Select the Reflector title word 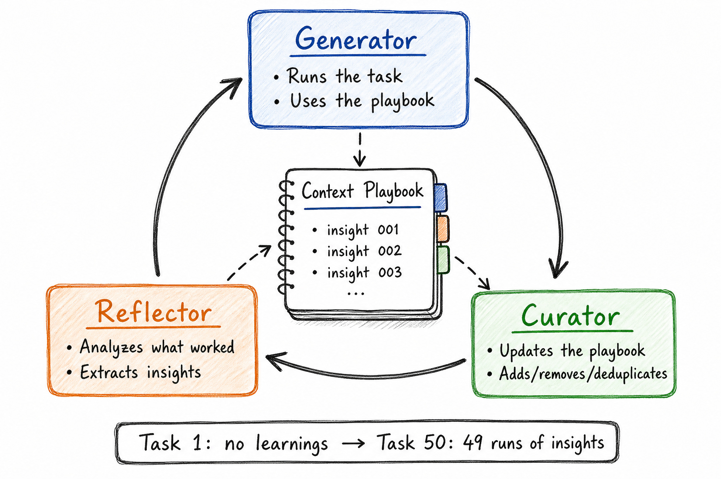[154, 312]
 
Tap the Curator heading [570, 315]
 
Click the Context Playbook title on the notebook [362, 191]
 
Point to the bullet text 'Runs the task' [345, 76]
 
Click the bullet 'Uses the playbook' [362, 101]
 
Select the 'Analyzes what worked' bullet [157, 347]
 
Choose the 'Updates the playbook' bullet [572, 351]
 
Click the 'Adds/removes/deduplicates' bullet [583, 374]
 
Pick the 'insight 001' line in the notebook [363, 230]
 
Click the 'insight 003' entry [364, 273]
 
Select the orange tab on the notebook [443, 229]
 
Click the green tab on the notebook [443, 260]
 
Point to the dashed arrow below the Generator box [359, 150]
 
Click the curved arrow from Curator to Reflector [366, 376]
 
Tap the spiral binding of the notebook [286, 237]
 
